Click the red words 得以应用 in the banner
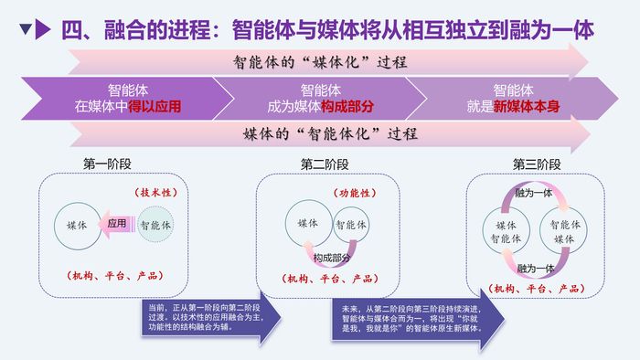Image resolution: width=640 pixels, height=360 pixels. (x=155, y=106)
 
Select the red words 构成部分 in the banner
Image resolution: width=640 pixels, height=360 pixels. (x=347, y=106)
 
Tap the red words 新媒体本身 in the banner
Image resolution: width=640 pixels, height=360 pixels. (x=527, y=106)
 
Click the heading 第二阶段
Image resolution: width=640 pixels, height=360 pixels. (x=325, y=164)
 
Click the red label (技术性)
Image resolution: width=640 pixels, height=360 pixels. (x=155, y=194)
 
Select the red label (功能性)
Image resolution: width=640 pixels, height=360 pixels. (x=353, y=194)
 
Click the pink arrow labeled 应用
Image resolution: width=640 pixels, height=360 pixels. (x=113, y=223)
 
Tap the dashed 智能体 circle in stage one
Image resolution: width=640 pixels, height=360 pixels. (x=156, y=224)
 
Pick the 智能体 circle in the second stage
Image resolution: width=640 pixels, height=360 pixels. (x=350, y=225)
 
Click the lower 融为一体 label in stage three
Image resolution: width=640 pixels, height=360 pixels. (x=536, y=268)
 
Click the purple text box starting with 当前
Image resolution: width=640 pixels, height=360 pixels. (x=201, y=320)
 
